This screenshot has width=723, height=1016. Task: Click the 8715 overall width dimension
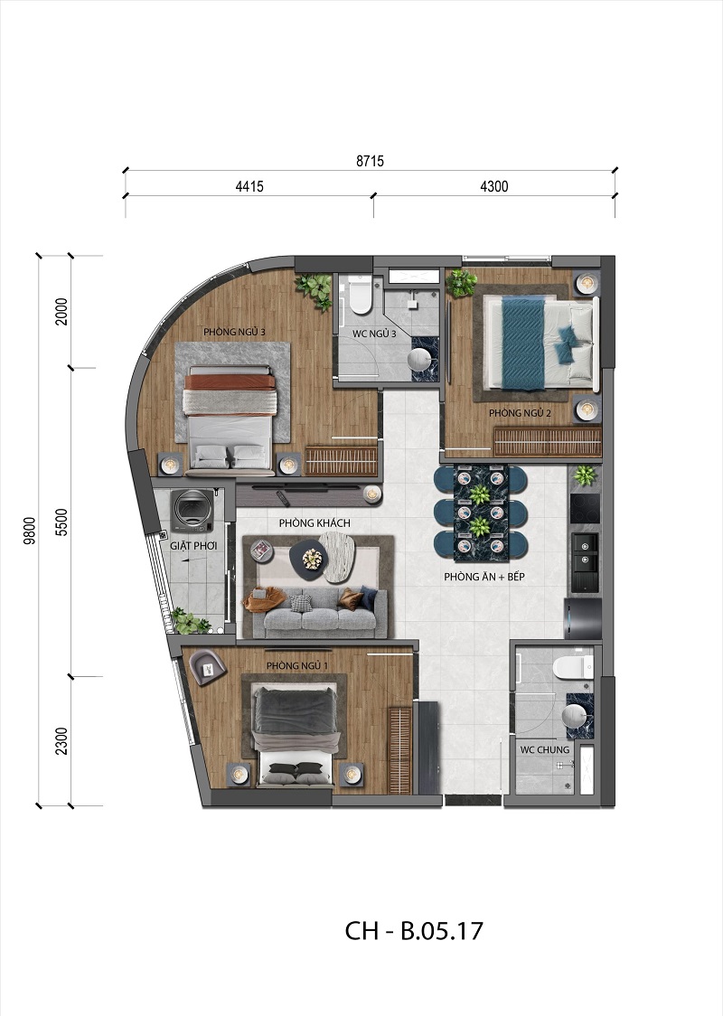coord(370,162)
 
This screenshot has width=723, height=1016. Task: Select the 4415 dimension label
coord(249,187)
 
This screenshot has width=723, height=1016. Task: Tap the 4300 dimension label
coord(493,187)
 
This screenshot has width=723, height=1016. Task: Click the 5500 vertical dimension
coord(62,522)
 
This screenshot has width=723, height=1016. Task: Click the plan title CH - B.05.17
coord(415,930)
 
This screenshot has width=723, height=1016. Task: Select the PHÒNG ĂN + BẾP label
coord(480,577)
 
